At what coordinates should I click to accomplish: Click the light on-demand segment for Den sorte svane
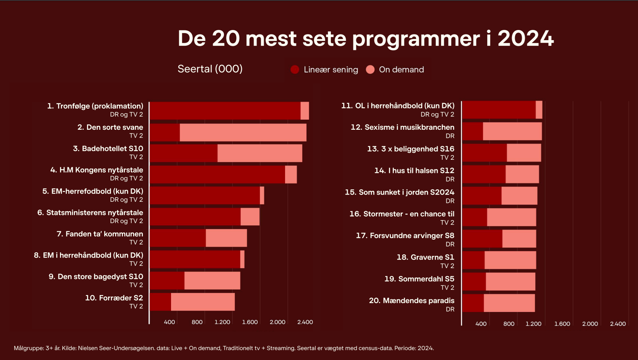click(243, 132)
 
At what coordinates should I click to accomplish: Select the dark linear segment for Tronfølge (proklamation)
click(225, 111)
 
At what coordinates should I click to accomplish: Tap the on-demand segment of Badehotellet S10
click(260, 153)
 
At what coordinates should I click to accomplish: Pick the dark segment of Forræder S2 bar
click(161, 302)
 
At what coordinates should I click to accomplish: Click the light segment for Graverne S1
click(510, 260)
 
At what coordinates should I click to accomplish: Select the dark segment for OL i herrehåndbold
click(499, 110)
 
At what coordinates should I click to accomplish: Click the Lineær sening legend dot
click(295, 69)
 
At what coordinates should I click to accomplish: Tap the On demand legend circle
click(370, 69)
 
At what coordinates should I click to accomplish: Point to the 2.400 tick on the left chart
click(305, 322)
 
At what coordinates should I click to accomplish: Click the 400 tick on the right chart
click(481, 324)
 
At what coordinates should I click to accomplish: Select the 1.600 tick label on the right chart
click(562, 324)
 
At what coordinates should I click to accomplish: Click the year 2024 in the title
click(525, 39)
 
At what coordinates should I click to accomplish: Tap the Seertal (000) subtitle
click(210, 69)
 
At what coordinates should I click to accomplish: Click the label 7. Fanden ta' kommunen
click(100, 234)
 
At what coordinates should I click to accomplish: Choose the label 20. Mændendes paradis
click(411, 300)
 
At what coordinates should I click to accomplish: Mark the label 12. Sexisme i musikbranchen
click(402, 127)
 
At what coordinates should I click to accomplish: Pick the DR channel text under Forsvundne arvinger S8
click(450, 244)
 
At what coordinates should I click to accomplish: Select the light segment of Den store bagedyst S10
click(212, 280)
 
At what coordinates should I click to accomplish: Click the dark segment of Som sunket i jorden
click(482, 196)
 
